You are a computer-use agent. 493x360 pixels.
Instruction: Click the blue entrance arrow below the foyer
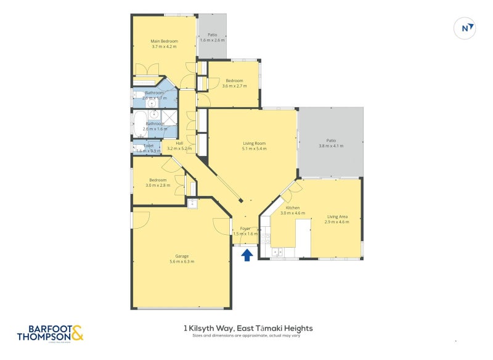[x=246, y=255]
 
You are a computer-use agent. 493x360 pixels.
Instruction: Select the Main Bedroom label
[x=164, y=41]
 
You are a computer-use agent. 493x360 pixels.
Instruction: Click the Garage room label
[x=182, y=256]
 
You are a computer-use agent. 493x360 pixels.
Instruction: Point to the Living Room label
[x=255, y=143]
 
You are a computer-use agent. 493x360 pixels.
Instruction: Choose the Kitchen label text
[x=292, y=208]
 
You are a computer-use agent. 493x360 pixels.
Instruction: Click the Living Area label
[x=338, y=216]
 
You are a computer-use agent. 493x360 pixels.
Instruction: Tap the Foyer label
[x=245, y=228]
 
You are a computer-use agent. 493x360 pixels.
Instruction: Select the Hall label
[x=179, y=143]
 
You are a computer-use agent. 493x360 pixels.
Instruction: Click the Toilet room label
[x=149, y=145]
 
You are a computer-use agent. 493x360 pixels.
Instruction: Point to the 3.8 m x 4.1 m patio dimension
[x=331, y=146]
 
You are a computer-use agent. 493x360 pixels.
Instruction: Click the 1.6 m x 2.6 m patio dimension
[x=213, y=41]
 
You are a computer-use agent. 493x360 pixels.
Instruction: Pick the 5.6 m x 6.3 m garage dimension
[x=182, y=261]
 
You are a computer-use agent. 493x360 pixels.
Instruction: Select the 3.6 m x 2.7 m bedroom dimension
[x=234, y=86]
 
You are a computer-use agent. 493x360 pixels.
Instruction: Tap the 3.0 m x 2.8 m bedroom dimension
[x=158, y=186]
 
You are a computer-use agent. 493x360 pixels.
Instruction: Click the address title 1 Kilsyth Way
[x=253, y=329]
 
